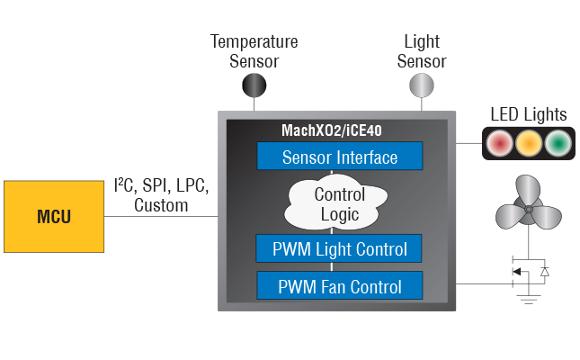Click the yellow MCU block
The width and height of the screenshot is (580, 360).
click(x=53, y=217)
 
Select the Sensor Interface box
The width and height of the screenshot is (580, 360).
click(x=339, y=157)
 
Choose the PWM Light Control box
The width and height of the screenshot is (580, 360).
click(x=339, y=248)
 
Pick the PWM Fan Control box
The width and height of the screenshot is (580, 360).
click(x=339, y=287)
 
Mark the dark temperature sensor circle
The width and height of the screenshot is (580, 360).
click(x=254, y=85)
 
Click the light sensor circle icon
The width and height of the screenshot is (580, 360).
click(x=422, y=85)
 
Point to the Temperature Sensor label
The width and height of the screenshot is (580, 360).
click(x=254, y=52)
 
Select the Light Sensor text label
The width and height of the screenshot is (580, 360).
click(x=422, y=52)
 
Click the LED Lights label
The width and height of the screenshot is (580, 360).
click(x=528, y=115)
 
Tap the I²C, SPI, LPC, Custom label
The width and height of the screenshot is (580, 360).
click(x=162, y=196)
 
